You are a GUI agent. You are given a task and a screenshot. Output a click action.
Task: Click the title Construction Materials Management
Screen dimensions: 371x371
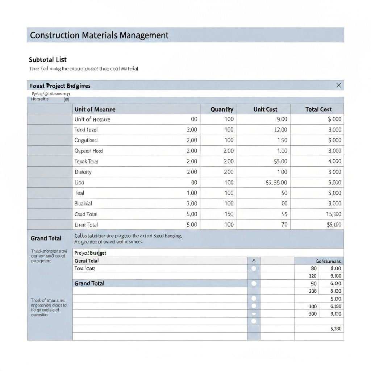(x=99, y=35)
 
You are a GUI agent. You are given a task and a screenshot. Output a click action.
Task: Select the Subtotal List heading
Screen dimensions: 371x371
(x=47, y=60)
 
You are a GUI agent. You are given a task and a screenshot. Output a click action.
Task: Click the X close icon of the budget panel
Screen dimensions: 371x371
(x=338, y=86)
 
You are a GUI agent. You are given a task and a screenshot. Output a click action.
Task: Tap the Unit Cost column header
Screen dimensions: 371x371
(x=265, y=109)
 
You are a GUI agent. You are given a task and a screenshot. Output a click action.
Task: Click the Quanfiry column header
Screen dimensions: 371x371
(x=222, y=109)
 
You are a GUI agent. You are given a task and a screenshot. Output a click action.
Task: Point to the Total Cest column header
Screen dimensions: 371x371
(x=318, y=109)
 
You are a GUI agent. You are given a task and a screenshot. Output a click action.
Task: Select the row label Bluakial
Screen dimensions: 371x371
(x=83, y=204)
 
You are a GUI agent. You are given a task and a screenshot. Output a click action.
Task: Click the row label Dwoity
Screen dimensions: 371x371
(x=83, y=172)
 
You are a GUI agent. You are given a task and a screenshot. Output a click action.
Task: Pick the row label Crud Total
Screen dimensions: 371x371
(x=86, y=214)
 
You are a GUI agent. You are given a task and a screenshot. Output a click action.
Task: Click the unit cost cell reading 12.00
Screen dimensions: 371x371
(x=280, y=130)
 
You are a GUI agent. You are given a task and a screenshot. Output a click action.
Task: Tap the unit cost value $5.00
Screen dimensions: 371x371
(x=280, y=162)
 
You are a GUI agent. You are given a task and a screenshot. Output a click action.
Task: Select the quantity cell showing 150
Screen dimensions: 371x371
(x=229, y=214)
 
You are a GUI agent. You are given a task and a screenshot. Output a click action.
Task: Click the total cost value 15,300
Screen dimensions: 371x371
(x=333, y=214)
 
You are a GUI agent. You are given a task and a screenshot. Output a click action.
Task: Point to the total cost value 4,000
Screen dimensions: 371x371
(x=334, y=162)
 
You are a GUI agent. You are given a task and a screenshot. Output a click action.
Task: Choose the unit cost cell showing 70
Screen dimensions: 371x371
(x=284, y=225)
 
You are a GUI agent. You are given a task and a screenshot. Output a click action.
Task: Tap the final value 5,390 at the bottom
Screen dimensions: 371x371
(x=335, y=329)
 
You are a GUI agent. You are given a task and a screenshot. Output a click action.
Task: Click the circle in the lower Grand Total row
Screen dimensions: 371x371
(x=254, y=283)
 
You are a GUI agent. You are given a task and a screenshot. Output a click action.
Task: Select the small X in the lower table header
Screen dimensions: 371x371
(x=254, y=260)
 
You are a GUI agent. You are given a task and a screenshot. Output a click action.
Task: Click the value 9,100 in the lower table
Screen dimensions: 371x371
(x=335, y=314)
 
